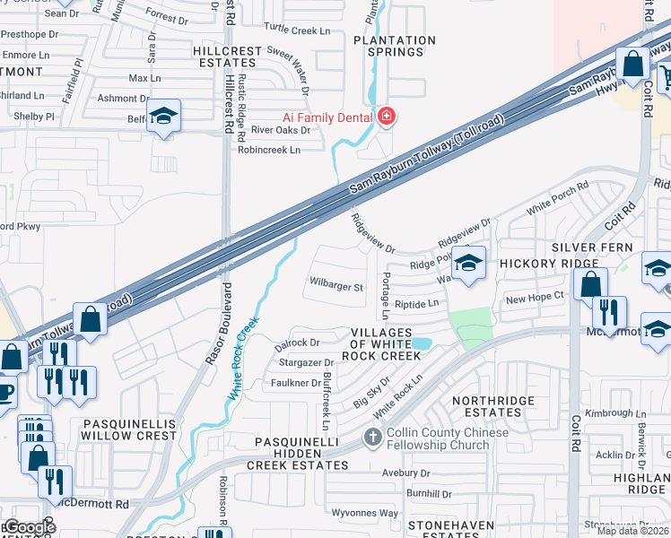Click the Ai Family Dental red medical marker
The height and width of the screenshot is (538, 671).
pyautogui.click(x=387, y=116)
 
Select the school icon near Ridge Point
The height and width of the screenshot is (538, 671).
pyautogui.click(x=467, y=264)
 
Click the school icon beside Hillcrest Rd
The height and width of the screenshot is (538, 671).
pyautogui.click(x=163, y=117)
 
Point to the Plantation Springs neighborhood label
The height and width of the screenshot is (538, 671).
pyautogui.click(x=395, y=46)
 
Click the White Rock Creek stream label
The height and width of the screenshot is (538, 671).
pyautogui.click(x=243, y=358)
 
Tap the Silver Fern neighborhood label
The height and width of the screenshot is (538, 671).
pyautogui.click(x=592, y=247)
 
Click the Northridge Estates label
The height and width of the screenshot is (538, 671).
pyautogui.click(x=487, y=406)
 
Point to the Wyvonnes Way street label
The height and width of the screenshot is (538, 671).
pyautogui.click(x=364, y=513)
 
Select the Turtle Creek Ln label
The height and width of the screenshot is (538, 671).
pyautogui.click(x=299, y=30)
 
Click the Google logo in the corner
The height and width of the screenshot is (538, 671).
pyautogui.click(x=29, y=526)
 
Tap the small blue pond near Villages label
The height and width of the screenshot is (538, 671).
pyautogui.click(x=421, y=343)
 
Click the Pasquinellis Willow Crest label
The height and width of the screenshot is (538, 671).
pyautogui.click(x=130, y=429)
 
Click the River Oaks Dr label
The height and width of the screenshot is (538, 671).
pyautogui.click(x=280, y=130)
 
